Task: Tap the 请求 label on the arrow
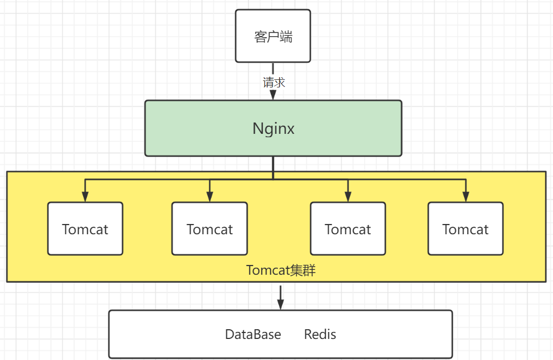coord(274,83)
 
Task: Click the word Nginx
coord(274,129)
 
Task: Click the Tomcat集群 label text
coord(281,270)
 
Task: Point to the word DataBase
coord(253,335)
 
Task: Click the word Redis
coord(320,335)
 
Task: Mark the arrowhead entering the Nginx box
coord(273,95)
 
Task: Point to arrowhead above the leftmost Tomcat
coord(85,197)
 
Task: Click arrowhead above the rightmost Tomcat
coord(466,197)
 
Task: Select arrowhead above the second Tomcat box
coord(210,197)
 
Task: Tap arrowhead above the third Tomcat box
coord(348,197)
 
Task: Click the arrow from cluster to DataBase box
coord(281,297)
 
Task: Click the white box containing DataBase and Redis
coord(162,335)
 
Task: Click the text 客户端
coord(273,37)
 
